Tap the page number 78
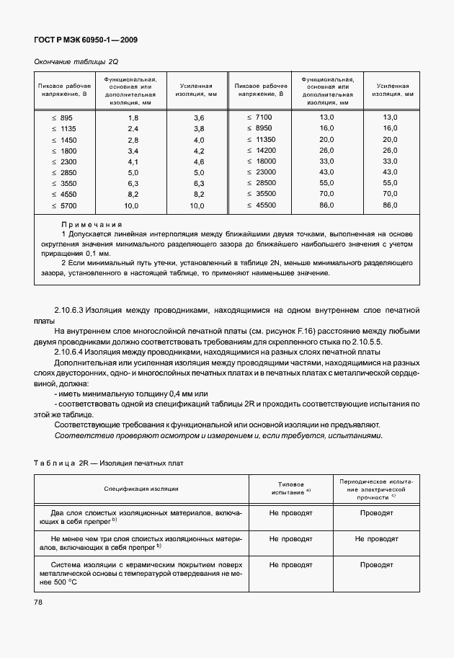[x=37, y=602]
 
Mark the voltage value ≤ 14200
[x=261, y=150]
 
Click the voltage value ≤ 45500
[x=261, y=205]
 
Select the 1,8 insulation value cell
[x=133, y=117]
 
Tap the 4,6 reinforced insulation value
[x=199, y=161]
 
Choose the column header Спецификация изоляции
[x=141, y=489]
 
